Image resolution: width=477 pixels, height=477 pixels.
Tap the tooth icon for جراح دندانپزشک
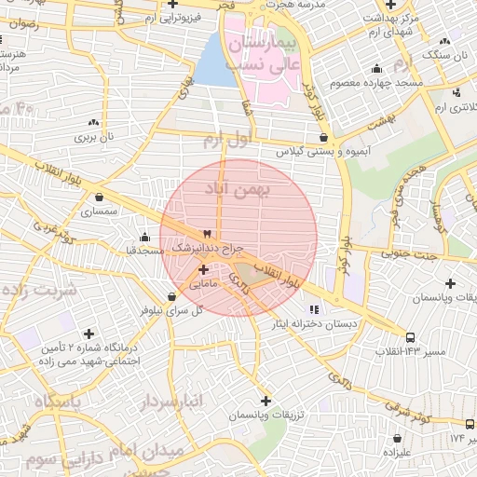pos(207,234)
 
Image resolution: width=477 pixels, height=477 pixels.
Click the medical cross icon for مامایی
pos(203,269)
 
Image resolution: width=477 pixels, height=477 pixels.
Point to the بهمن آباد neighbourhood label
pos(238,189)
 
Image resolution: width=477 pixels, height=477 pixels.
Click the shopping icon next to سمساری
pos(100,198)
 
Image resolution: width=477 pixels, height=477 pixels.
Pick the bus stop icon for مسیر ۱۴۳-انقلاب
pos(410,336)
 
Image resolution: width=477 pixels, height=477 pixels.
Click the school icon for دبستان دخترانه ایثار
pos(313,308)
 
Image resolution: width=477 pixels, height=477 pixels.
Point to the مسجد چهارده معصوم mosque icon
pos(376,68)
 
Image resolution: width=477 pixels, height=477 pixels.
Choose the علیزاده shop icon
pos(398,438)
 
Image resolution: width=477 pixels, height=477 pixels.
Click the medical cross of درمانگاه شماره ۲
pos(89,333)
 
